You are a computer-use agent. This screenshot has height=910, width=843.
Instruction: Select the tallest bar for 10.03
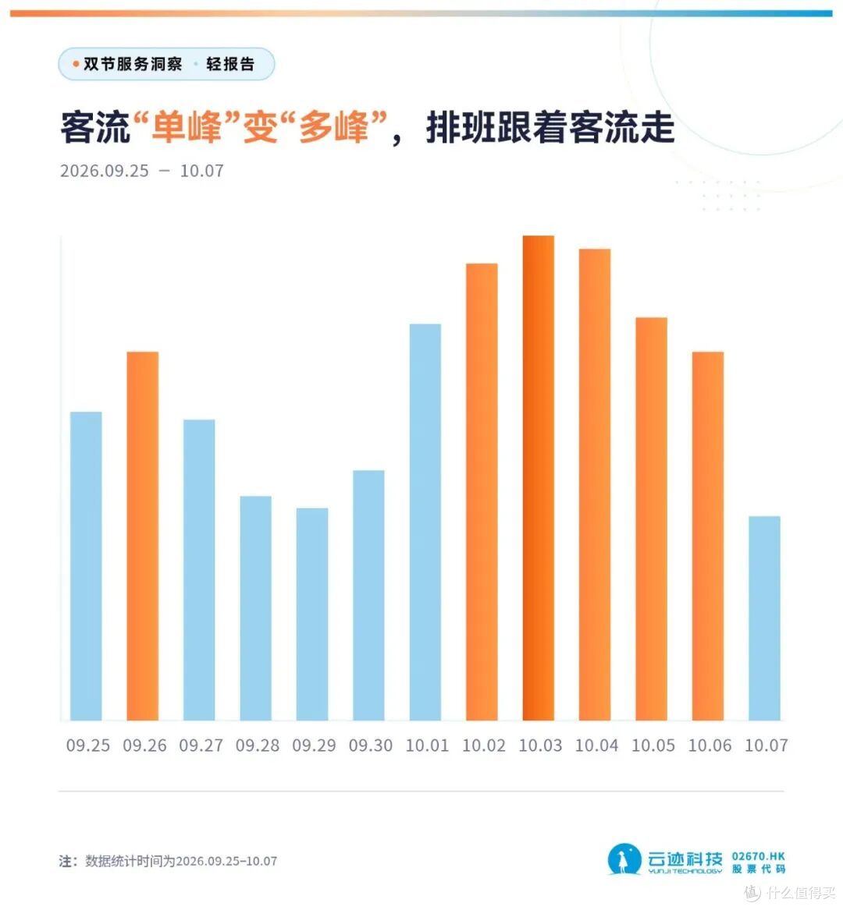[538, 478]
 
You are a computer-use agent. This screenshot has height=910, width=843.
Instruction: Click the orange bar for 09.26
[142, 536]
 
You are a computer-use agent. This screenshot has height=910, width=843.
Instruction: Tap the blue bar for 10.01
[425, 522]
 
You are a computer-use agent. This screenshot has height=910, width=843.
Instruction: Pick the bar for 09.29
[312, 614]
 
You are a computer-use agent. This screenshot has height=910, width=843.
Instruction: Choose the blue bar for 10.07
[765, 618]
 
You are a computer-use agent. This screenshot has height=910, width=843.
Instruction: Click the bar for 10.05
[651, 519]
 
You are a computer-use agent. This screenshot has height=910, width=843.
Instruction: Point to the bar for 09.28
[255, 608]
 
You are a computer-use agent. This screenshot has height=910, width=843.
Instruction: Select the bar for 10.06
[708, 536]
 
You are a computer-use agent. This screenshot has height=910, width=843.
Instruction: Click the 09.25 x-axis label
[87, 745]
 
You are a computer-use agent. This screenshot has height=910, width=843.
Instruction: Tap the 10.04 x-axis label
[596, 745]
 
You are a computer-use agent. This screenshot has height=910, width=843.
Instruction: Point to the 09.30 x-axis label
[371, 745]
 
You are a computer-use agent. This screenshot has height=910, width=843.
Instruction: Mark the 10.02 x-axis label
[484, 745]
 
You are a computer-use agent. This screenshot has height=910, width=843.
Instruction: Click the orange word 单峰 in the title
[187, 127]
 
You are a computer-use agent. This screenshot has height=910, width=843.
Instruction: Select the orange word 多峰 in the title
[334, 127]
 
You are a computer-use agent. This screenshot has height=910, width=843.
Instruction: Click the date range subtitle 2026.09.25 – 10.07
[142, 171]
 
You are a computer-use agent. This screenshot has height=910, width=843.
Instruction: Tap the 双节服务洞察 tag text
[133, 64]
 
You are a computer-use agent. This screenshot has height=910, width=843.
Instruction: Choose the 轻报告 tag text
[230, 64]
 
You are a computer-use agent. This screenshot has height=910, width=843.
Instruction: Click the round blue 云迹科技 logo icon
[624, 859]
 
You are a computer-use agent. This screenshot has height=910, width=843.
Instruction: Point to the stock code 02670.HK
[758, 856]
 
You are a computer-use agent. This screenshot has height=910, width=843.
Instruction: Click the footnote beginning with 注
[168, 861]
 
